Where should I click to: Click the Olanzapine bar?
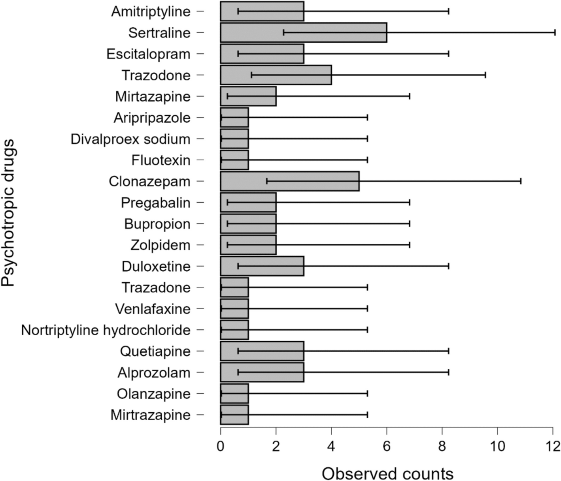pyautogui.click(x=234, y=394)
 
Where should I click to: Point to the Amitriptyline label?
pyautogui.click(x=151, y=11)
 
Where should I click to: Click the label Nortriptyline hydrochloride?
pyautogui.click(x=106, y=330)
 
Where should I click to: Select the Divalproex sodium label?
pyautogui.click(x=130, y=139)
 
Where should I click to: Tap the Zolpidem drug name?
pyautogui.click(x=160, y=245)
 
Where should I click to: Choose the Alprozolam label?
pyautogui.click(x=154, y=372)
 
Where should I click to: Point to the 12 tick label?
pyautogui.click(x=553, y=446)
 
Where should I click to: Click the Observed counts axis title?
pyautogui.click(x=387, y=473)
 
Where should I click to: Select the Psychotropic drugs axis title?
pyautogui.click(x=8, y=213)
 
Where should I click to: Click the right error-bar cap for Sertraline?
pyautogui.click(x=555, y=33)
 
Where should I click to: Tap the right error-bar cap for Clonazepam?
pyautogui.click(x=521, y=181)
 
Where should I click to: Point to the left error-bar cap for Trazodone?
pyautogui.click(x=251, y=75)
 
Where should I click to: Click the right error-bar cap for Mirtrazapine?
pyautogui.click(x=368, y=415)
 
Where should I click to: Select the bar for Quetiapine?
pyautogui.click(x=262, y=351)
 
